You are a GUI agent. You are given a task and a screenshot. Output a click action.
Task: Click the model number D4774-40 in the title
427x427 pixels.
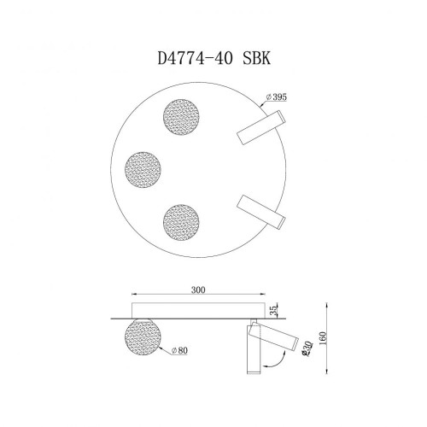194,61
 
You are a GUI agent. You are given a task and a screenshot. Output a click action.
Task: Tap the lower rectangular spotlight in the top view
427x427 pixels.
259,211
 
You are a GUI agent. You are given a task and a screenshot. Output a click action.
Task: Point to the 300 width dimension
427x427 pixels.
200,290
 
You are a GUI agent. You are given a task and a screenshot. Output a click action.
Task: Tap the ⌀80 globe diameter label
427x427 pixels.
179,350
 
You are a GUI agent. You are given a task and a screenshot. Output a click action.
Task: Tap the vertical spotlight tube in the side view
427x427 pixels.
253,350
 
